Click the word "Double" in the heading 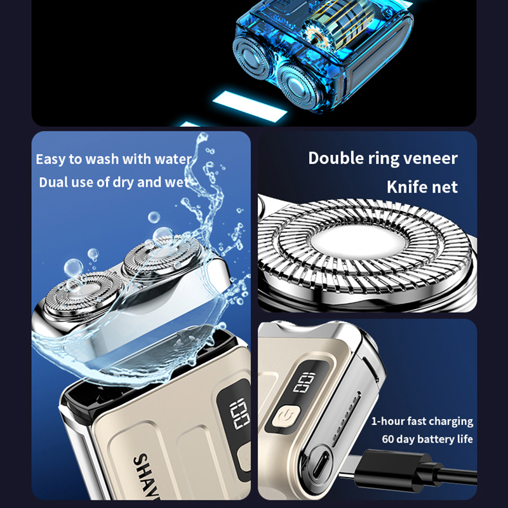coord(336,158)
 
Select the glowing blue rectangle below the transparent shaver coord(250,106)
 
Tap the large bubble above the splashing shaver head coord(163,235)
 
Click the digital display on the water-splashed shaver coord(240,416)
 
